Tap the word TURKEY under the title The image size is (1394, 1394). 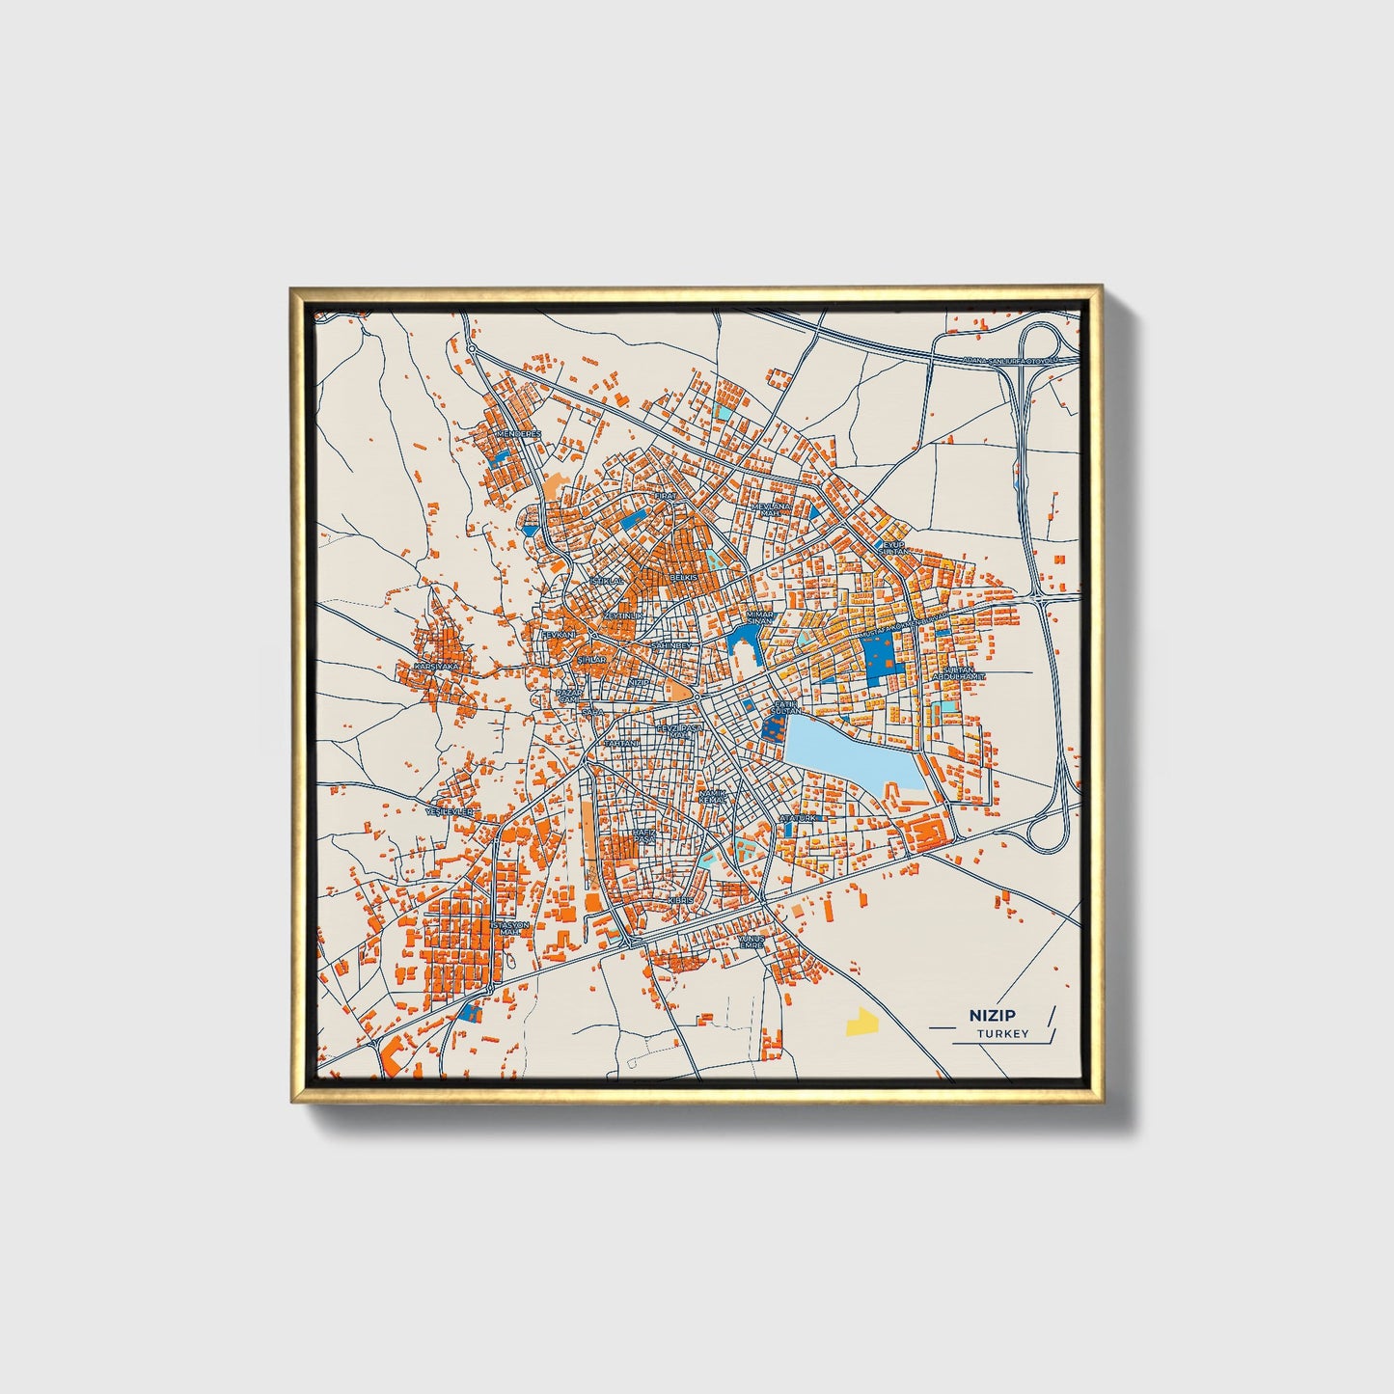point(1002,1033)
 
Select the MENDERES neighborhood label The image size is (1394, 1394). point(517,434)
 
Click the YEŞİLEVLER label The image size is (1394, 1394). point(451,812)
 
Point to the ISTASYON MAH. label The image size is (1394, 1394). point(510,927)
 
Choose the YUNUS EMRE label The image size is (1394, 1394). point(751,941)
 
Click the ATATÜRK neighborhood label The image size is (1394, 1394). point(798,817)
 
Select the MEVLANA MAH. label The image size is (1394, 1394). point(771,508)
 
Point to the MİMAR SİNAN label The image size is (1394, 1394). point(759,617)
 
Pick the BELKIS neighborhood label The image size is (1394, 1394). point(683,576)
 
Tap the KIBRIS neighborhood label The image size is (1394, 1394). point(680,899)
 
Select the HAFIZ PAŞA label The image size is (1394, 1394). point(643,834)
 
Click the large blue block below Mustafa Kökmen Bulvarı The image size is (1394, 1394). point(878,659)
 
